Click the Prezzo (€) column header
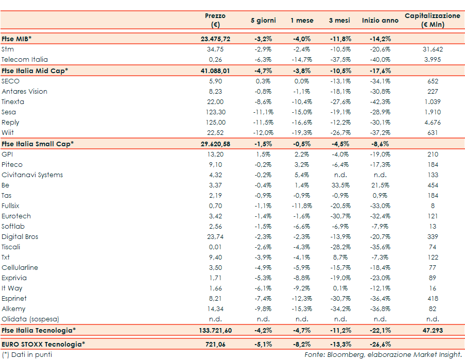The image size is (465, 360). tap(215, 20)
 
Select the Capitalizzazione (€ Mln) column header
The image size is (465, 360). tap(432, 20)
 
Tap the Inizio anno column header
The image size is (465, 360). tap(380, 21)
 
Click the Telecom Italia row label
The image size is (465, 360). tap(24, 60)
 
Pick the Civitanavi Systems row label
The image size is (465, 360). tap(32, 175)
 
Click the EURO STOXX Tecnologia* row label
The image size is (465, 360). tap(43, 344)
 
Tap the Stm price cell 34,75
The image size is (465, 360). tap(215, 49)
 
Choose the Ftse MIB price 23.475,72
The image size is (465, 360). tap(215, 39)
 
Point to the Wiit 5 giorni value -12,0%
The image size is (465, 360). tap(263, 133)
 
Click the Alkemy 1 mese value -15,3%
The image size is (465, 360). tap(302, 308)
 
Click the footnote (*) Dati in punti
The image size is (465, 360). tap(27, 354)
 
